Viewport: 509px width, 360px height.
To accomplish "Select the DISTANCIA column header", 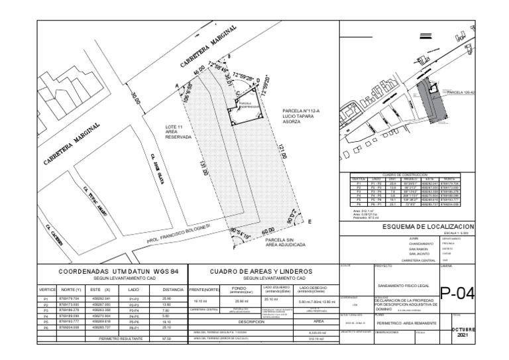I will click(172, 290).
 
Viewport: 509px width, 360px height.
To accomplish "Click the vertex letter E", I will click(310, 225).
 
